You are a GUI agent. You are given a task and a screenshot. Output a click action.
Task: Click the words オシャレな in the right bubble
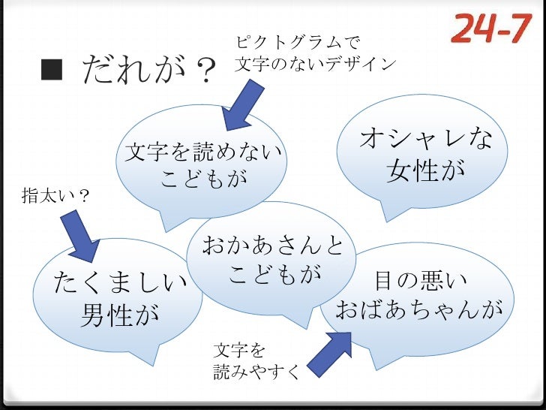426,140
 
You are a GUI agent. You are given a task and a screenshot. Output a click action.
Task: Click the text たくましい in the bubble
120,283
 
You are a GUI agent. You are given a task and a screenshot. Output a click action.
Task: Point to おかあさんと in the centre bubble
272,244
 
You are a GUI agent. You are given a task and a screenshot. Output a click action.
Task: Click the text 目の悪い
421,280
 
